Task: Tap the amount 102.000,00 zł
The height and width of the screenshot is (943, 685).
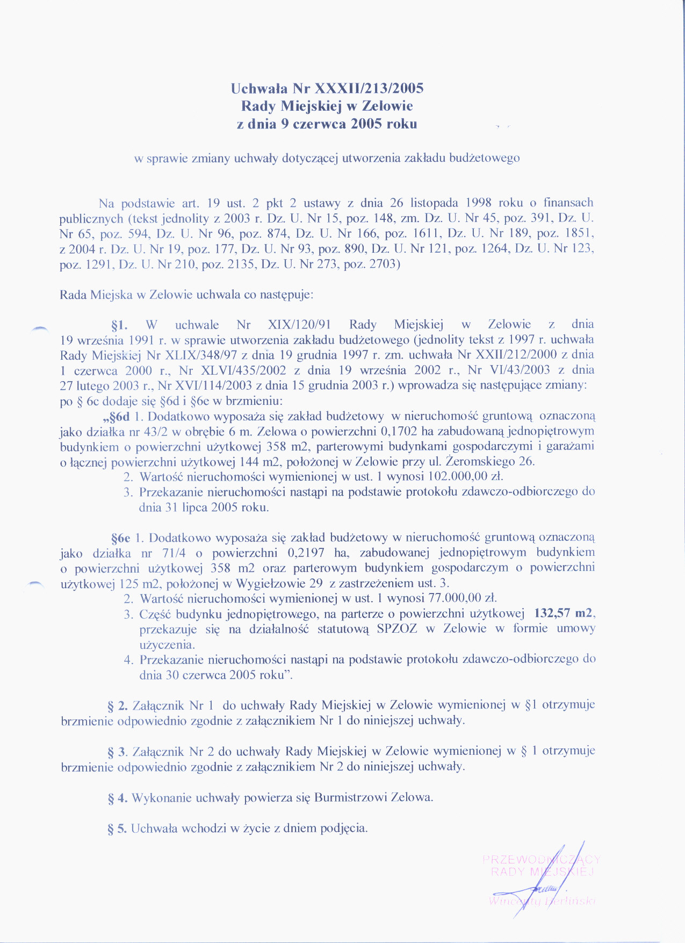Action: pos(465,476)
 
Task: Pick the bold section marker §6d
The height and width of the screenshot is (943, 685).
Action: pos(117,416)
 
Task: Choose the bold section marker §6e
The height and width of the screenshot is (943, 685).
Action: pos(121,538)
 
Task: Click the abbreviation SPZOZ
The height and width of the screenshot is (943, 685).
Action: pos(397,628)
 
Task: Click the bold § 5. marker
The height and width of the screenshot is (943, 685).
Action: pos(117,828)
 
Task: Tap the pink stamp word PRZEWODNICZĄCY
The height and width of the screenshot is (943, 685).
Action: pos(541,859)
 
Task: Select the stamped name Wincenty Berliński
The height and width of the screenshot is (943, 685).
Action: pos(542,901)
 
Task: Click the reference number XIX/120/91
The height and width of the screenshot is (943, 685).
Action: pos(299,325)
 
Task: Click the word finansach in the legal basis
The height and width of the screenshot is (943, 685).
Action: pos(568,203)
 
